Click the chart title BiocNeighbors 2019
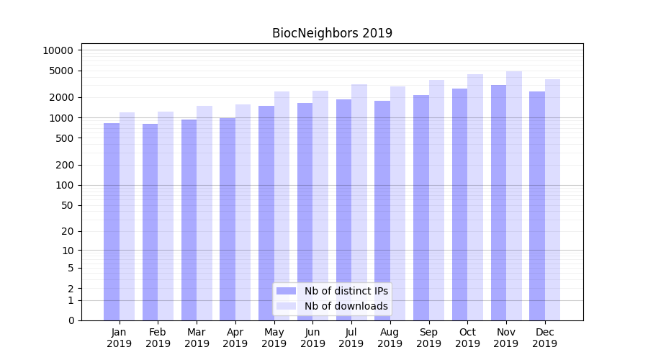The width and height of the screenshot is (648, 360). (x=332, y=33)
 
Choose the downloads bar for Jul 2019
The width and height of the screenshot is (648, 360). (x=359, y=202)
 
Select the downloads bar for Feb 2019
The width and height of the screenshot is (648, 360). (x=166, y=216)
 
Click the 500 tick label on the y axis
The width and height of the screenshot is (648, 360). (x=64, y=138)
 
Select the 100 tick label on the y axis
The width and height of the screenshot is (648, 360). (x=64, y=185)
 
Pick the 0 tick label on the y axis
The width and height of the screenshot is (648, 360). (x=71, y=320)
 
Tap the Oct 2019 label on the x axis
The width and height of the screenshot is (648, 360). (x=467, y=338)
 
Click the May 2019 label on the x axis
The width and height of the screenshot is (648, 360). (x=274, y=338)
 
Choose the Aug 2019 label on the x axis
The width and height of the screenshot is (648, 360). (x=390, y=338)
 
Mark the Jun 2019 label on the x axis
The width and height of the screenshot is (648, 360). (x=312, y=338)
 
